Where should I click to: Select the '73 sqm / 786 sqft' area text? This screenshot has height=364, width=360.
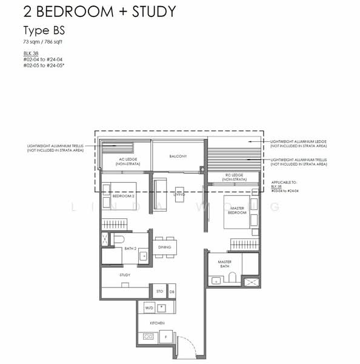click(46, 42)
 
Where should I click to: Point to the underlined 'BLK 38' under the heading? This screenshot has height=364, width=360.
click(30, 53)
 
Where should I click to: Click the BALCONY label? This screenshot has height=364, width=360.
click(178, 157)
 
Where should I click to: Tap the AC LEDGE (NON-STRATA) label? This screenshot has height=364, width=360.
click(129, 161)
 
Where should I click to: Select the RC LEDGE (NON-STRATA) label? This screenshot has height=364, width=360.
click(236, 177)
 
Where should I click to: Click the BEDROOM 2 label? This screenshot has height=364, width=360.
click(124, 196)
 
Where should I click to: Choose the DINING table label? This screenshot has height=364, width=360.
click(164, 248)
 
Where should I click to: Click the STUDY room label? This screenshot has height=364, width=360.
click(125, 275)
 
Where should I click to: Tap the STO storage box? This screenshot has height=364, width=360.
click(159, 291)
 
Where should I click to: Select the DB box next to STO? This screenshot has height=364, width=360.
click(172, 291)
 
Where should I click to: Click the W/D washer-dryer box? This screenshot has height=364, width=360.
click(149, 308)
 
